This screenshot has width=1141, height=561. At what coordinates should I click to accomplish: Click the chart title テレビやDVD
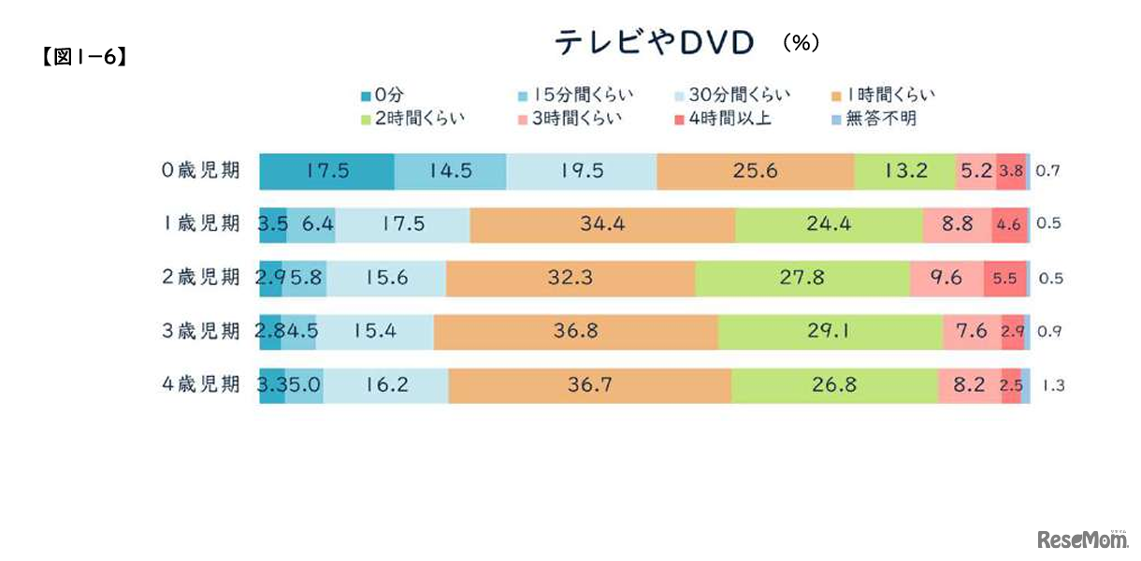654,43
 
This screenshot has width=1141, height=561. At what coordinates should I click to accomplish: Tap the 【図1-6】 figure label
83,57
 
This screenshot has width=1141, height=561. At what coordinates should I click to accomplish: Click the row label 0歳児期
199,171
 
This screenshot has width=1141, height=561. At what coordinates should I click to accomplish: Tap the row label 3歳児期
199,331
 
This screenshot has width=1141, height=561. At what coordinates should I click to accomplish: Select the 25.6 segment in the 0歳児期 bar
755,171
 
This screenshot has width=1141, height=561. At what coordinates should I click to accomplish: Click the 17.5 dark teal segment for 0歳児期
326,171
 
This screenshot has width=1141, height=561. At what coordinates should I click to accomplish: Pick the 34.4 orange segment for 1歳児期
602,224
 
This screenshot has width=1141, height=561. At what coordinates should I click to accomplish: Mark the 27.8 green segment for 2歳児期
802,278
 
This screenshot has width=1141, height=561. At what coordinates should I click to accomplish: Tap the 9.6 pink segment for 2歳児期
946,278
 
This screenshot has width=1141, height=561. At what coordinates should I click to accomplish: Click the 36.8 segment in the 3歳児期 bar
575,331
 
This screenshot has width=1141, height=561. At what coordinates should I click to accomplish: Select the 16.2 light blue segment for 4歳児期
385,384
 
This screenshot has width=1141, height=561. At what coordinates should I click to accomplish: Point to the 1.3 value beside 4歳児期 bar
1053,384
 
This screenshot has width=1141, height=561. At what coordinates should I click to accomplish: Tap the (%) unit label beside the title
801,43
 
